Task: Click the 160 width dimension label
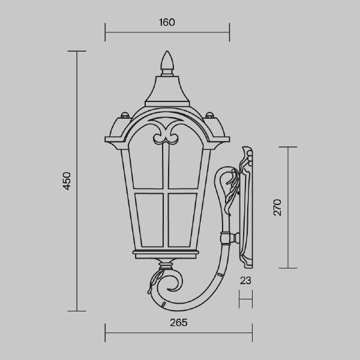pos(167,22)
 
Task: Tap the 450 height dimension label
pos(67,181)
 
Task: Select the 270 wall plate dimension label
pos(277,208)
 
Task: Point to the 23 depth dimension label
pos(245,280)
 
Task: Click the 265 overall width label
pos(179,323)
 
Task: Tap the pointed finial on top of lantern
pos(167,62)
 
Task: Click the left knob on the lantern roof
pos(125,115)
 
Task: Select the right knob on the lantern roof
pos(209,115)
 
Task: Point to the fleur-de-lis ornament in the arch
pos(166,131)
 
